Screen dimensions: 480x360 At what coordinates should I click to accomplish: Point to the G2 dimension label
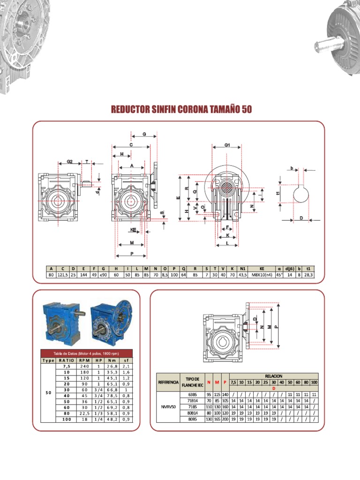(x=69, y=161)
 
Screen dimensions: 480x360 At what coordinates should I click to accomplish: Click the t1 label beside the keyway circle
(x=278, y=193)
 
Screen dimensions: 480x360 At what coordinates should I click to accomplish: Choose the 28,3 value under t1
(x=308, y=275)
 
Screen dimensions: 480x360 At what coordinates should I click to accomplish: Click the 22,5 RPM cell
(x=84, y=414)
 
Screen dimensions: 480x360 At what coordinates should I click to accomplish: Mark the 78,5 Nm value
(x=111, y=396)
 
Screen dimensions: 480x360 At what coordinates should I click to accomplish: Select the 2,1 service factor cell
(x=126, y=366)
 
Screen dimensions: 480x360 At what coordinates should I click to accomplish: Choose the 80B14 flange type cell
(x=193, y=413)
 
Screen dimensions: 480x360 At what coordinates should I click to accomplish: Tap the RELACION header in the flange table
(x=274, y=376)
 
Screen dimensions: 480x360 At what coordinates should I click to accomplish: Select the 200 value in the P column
(x=225, y=420)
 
